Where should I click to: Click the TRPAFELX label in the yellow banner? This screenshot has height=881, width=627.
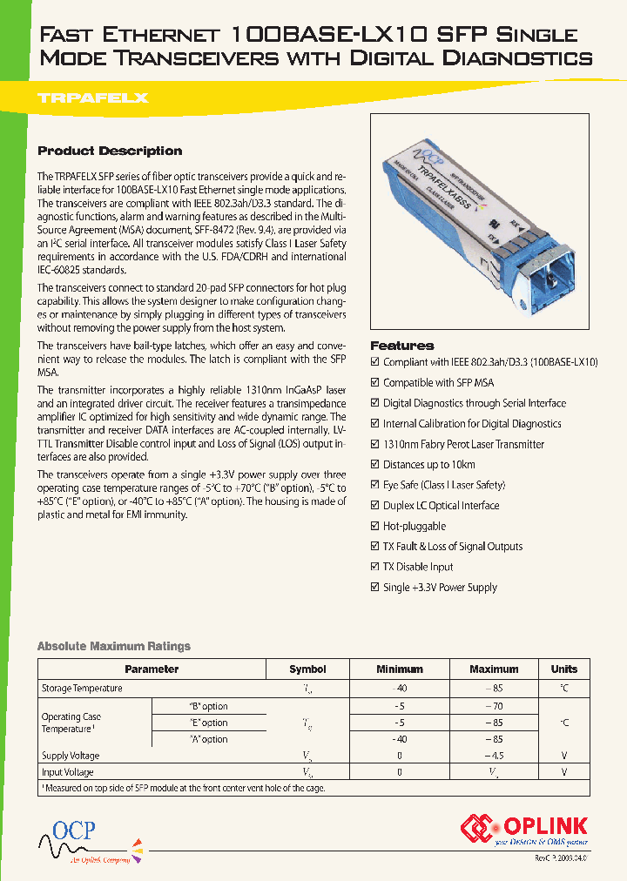tap(92, 98)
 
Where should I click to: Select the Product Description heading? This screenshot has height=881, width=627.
tap(110, 151)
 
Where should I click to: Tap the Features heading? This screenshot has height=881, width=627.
tap(401, 346)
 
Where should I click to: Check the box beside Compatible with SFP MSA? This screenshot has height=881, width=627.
tap(375, 383)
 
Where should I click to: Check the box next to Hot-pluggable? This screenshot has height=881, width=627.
tap(375, 527)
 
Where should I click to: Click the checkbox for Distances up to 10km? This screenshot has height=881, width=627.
tap(375, 465)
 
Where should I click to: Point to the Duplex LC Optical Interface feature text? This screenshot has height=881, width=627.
tap(441, 506)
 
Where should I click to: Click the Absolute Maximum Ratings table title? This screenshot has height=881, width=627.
tap(113, 646)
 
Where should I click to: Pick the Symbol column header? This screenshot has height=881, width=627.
tap(307, 669)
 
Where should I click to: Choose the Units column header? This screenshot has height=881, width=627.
tap(563, 669)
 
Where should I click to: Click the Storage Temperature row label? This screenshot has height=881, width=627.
tap(82, 689)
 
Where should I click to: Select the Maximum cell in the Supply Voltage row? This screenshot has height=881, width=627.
tap(494, 756)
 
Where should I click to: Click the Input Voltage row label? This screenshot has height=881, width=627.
tap(68, 772)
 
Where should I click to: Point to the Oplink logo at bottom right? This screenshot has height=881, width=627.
tap(524, 830)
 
